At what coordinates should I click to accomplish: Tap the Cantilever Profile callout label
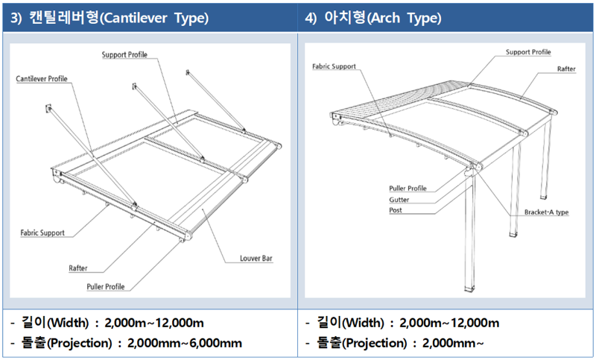42,79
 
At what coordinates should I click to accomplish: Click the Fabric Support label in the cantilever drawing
42,233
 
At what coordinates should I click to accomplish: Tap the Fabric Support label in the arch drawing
334,66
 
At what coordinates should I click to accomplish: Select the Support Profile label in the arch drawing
528,52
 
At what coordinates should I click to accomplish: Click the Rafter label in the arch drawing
565,69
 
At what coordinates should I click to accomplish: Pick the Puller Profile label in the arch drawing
408,189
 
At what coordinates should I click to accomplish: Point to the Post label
396,210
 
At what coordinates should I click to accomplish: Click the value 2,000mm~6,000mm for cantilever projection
185,343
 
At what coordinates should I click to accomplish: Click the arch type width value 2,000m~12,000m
449,323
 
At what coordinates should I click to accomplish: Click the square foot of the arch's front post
469,288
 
